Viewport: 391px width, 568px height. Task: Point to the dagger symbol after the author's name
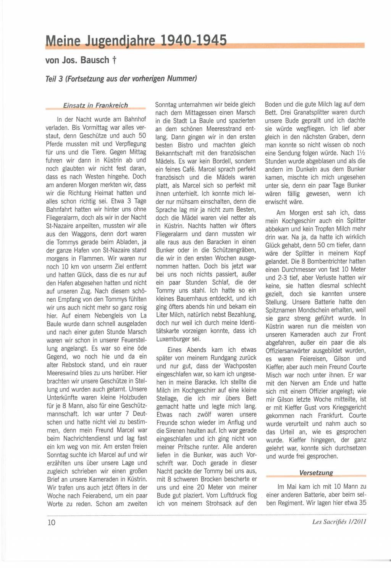(114, 60)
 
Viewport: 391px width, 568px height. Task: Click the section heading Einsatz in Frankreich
(95, 105)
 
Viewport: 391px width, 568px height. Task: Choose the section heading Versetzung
(316, 473)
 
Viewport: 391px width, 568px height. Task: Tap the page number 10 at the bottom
(51, 522)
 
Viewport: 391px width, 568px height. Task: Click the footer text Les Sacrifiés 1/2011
(339, 522)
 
